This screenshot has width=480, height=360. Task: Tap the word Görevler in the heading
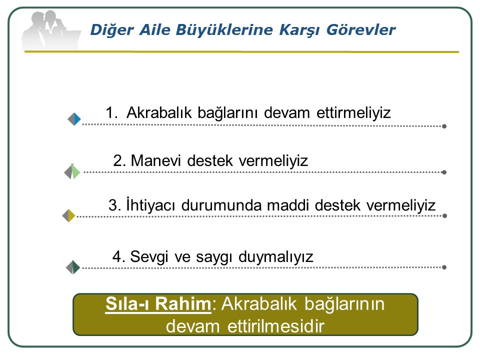click(361, 30)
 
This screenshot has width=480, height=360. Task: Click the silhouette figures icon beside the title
click(51, 30)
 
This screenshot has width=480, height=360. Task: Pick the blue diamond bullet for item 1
click(74, 119)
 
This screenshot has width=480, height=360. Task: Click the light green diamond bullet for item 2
click(72, 171)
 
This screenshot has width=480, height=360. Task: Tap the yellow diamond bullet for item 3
click(68, 215)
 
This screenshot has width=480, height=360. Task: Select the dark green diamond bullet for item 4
click(73, 267)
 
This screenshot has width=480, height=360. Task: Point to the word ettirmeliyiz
click(353, 112)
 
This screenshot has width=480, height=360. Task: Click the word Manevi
click(156, 160)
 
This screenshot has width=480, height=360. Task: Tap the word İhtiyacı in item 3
click(150, 205)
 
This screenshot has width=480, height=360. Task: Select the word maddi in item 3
click(288, 205)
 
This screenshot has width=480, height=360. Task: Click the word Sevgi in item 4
click(149, 257)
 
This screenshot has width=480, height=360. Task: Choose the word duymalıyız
click(276, 257)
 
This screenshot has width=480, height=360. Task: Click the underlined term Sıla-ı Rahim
click(158, 304)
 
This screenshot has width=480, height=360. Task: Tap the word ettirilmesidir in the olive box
click(276, 326)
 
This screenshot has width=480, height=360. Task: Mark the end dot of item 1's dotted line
click(444, 126)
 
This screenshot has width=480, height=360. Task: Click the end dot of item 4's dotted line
click(444, 267)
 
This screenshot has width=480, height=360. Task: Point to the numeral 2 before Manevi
click(117, 160)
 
